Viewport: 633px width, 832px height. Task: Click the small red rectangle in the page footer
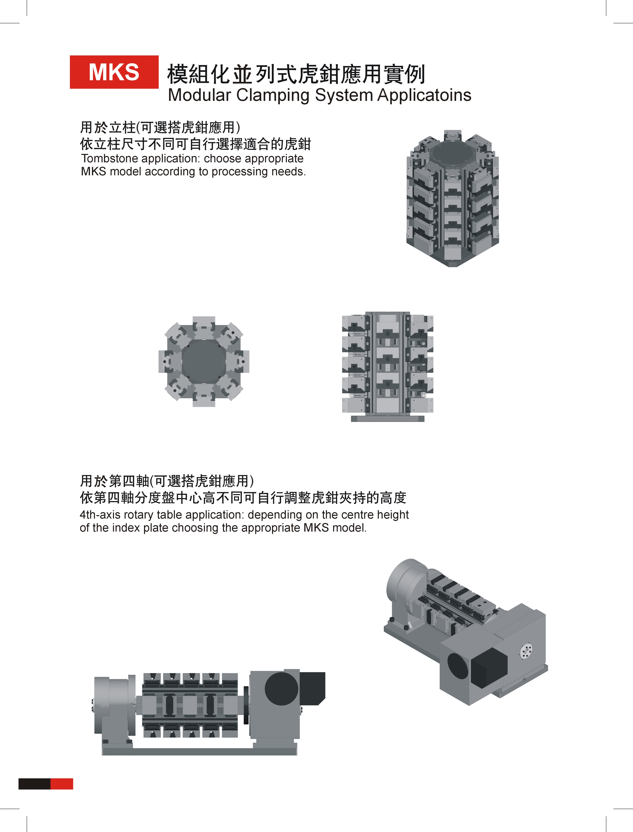61,784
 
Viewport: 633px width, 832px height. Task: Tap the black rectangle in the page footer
34,784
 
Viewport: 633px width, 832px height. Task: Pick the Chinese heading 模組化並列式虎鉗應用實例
296,74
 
